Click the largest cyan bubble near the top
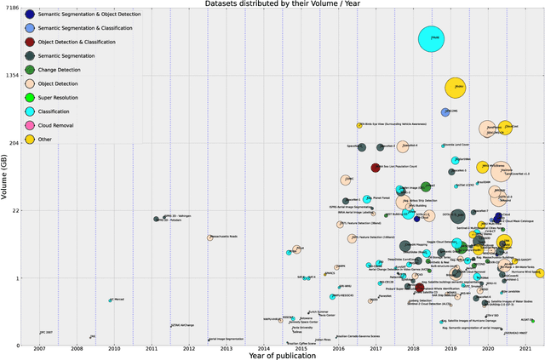pos(434,38)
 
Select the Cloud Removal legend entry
pos(30,125)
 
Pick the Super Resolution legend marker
pos(30,97)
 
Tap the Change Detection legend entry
pos(30,69)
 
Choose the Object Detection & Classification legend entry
pos(30,42)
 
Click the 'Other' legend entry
pos(30,139)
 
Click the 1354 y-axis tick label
pos(13,76)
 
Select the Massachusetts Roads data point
pos(209,237)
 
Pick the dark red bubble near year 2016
pos(375,167)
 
